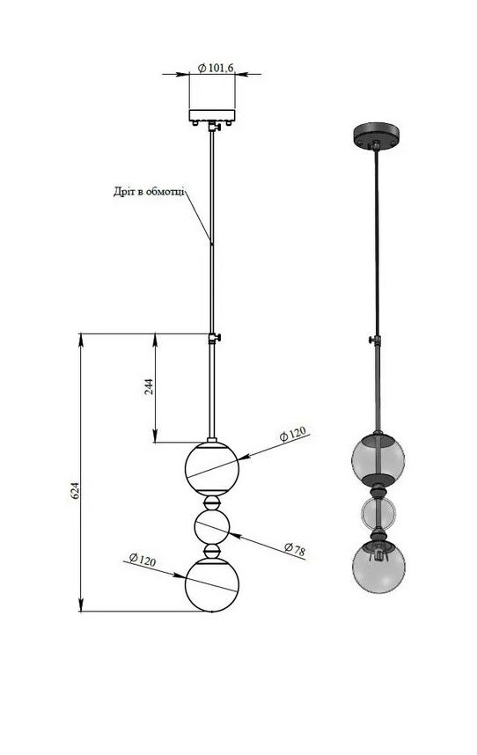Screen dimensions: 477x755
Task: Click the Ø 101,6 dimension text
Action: click(216, 68)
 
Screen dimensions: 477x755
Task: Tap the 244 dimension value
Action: click(150, 386)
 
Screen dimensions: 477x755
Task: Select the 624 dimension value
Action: click(75, 489)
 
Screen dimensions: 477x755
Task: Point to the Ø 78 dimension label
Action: click(294, 549)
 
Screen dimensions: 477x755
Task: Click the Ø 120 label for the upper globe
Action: click(293, 434)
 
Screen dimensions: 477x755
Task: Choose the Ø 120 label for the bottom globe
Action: click(143, 560)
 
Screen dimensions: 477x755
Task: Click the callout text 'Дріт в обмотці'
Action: click(150, 192)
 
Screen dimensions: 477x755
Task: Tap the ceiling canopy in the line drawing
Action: click(212, 116)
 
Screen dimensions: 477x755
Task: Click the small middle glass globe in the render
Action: click(378, 514)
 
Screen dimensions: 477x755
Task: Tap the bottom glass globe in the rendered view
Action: click(378, 567)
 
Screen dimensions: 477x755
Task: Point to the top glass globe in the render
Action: click(378, 458)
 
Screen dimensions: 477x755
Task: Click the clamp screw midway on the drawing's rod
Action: click(215, 338)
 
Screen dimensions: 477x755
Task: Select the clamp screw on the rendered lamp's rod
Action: click(375, 340)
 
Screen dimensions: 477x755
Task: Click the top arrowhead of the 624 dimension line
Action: click(80, 339)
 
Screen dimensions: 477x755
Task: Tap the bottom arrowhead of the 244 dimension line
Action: click(156, 436)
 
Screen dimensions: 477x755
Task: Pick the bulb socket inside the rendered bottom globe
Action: click(378, 553)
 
